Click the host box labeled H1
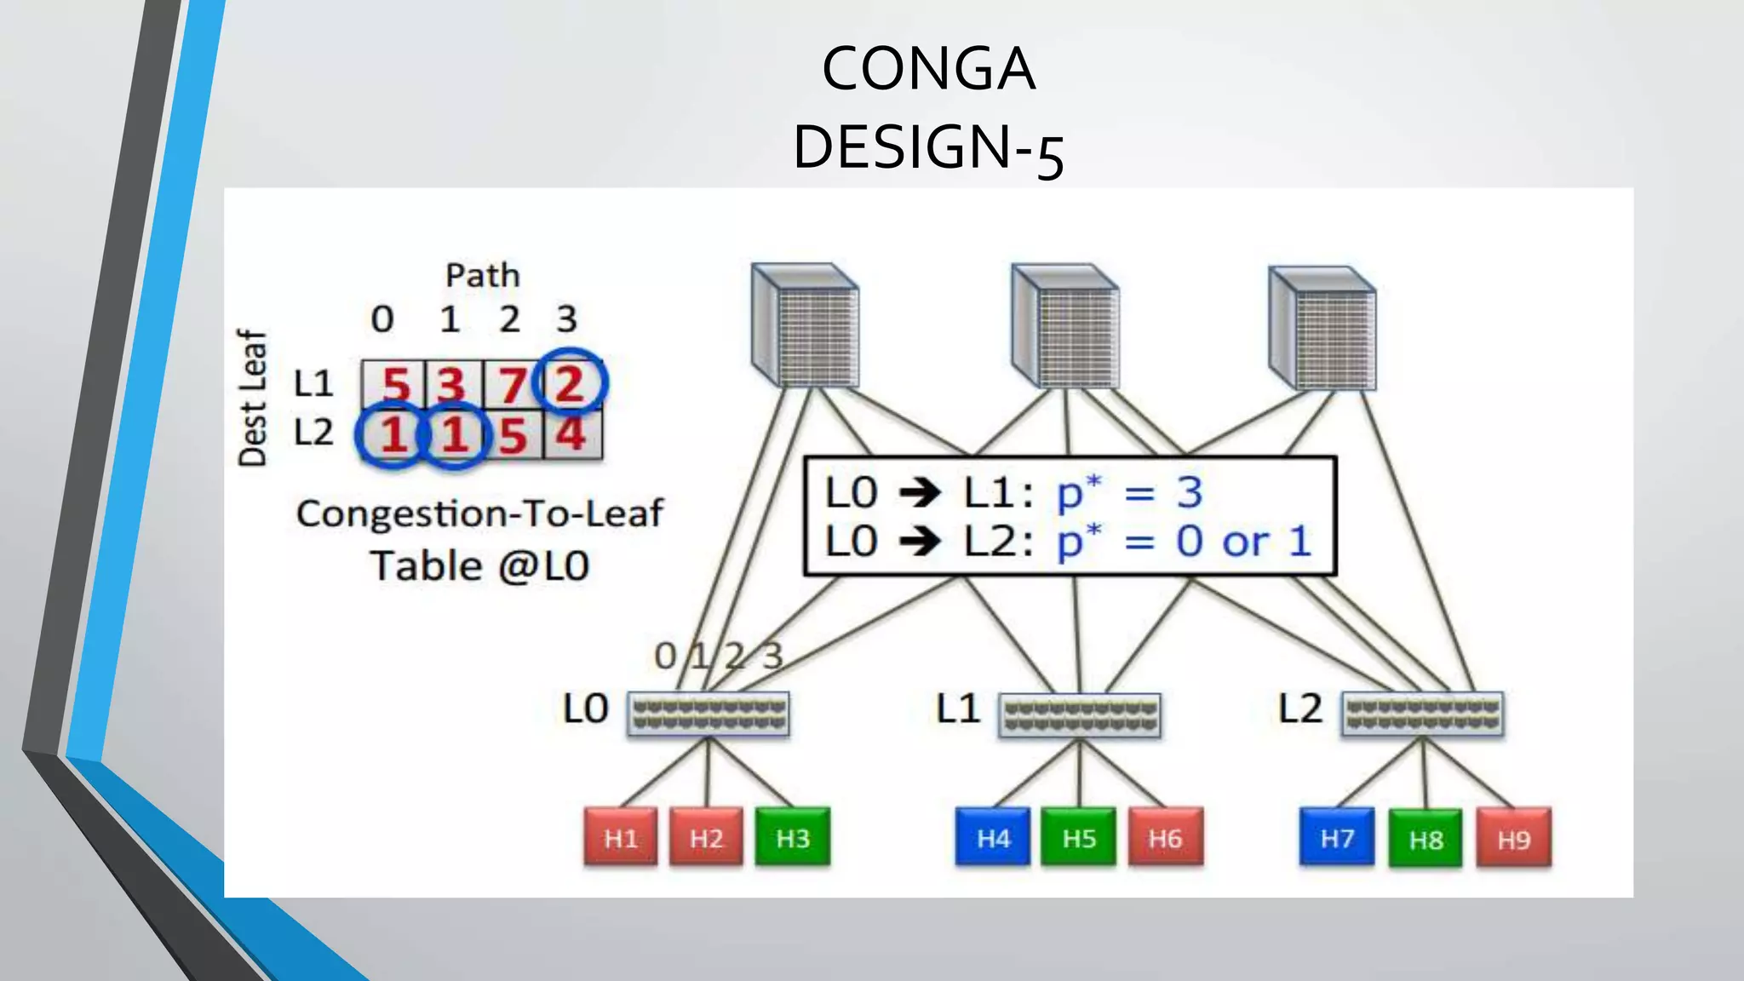coord(621,838)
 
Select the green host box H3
coord(793,838)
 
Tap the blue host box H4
coord(993,838)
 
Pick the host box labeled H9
coord(1514,840)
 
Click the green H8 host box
coord(1426,840)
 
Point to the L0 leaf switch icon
coord(708,714)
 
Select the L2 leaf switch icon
coord(1423,714)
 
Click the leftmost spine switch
coord(806,326)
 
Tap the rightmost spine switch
coord(1322,329)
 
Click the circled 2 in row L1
coord(570,383)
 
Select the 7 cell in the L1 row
coord(512,385)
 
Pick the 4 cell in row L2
coord(571,434)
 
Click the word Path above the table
coord(482,276)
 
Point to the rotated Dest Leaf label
coord(252,398)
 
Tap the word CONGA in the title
coord(928,68)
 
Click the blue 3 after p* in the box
coord(1190,492)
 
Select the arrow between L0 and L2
coord(920,542)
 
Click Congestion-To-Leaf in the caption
coord(479,513)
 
